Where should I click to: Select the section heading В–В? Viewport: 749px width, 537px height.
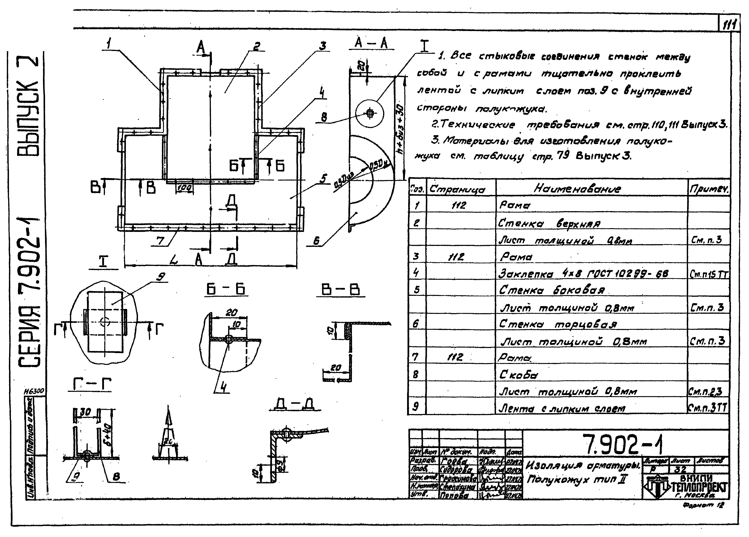coord(340,289)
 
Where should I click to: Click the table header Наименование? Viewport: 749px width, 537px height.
coord(577,188)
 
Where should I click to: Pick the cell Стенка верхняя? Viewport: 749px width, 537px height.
coord(549,224)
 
